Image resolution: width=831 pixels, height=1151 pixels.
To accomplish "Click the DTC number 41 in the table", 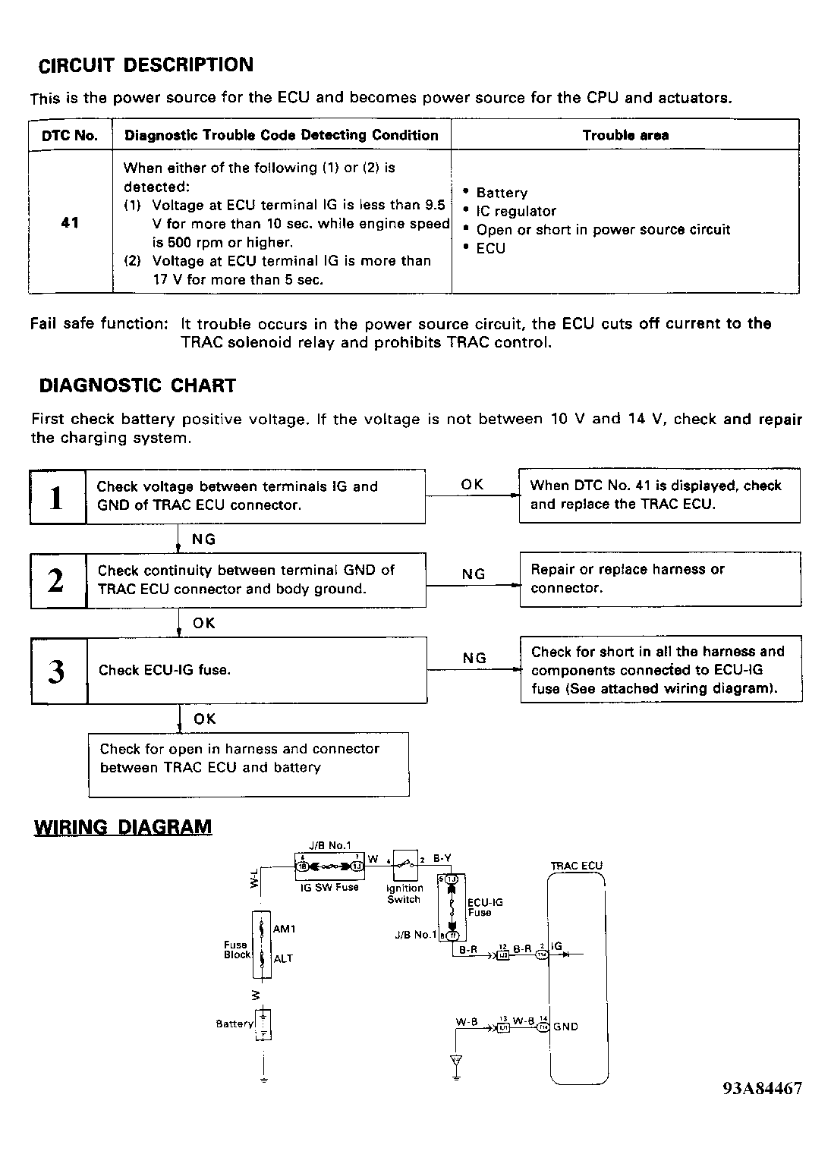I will tap(70, 223).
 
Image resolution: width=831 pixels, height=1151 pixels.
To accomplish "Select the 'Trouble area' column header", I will tap(625, 136).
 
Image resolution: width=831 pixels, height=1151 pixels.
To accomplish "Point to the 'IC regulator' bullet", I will tap(516, 211).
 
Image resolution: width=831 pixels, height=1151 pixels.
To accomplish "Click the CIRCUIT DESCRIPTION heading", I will tap(146, 65).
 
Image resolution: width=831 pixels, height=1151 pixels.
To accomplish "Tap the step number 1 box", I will tap(57, 497).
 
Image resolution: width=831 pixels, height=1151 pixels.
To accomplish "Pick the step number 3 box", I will tap(57, 671).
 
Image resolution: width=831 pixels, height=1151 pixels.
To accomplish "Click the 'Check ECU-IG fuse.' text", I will tap(165, 670).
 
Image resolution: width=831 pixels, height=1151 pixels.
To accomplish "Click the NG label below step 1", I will tap(203, 539).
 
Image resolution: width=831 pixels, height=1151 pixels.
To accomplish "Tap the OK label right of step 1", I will tap(471, 485).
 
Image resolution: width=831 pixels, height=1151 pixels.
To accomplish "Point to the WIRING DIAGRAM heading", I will tap(123, 827).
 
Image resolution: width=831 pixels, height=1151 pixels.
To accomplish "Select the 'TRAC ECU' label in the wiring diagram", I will tap(576, 866).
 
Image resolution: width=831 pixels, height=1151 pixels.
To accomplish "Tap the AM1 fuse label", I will tap(284, 929).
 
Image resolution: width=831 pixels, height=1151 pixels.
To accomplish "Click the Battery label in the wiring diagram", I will tap(235, 1024).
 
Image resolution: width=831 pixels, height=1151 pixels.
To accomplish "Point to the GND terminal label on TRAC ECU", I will tap(565, 1027).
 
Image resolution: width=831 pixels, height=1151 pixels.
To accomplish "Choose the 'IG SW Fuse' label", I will tap(329, 887).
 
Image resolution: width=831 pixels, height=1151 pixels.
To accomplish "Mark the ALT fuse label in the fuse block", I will tap(283, 958).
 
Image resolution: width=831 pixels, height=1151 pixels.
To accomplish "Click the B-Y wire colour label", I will tap(442, 858).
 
